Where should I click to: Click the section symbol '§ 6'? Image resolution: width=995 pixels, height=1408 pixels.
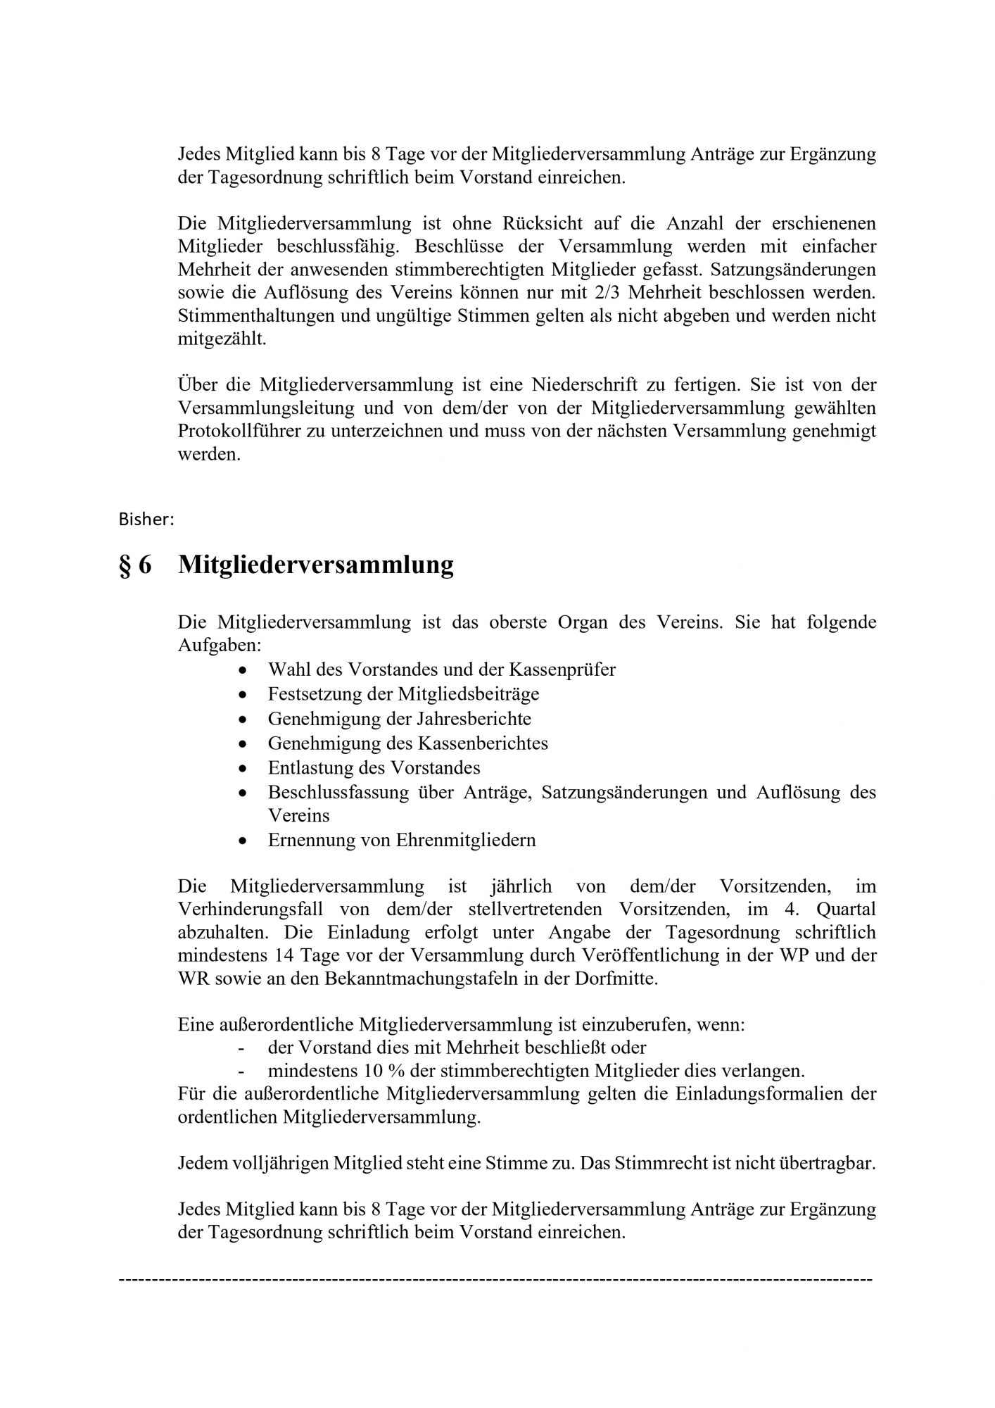click(134, 565)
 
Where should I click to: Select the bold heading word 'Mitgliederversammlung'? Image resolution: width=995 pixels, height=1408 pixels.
click(316, 565)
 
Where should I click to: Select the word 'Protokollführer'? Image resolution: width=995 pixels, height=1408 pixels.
click(239, 431)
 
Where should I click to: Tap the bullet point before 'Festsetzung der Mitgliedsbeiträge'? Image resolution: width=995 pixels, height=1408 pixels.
click(243, 694)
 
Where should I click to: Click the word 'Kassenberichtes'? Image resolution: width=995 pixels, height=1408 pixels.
click(483, 743)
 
